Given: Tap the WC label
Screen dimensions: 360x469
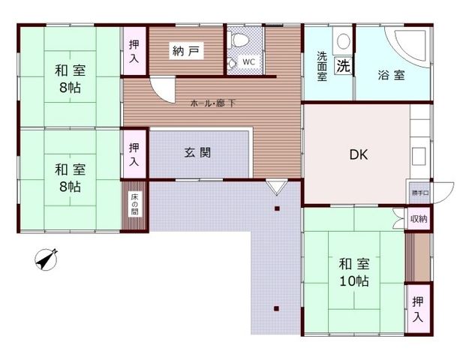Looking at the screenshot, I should point(248,63).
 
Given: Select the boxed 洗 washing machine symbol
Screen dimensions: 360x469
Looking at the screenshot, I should point(343,65).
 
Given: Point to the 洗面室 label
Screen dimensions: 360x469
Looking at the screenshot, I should point(322,66).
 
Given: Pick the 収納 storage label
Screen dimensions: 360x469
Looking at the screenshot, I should point(419,219).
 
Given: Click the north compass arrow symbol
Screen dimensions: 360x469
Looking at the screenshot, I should point(48,260).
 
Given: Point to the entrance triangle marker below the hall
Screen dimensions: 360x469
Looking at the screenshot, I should point(275,184).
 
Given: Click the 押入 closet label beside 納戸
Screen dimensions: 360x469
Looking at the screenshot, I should point(134,50).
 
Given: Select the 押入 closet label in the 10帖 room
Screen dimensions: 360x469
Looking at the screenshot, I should point(418,307).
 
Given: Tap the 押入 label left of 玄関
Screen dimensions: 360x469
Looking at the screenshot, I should point(134,155).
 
